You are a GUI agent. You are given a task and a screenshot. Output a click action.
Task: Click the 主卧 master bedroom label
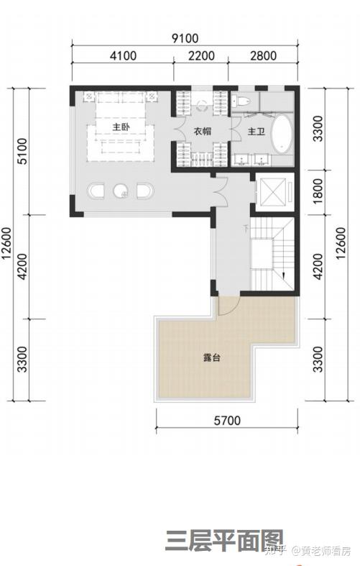[121, 127]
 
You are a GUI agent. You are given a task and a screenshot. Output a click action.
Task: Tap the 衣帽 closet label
[203, 132]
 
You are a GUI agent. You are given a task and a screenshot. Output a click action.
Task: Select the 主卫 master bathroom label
[256, 132]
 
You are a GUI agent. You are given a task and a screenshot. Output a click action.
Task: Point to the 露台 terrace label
[211, 357]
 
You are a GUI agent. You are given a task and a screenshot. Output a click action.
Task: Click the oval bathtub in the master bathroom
[282, 134]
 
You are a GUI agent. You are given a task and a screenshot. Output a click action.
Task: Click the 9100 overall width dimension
[185, 38]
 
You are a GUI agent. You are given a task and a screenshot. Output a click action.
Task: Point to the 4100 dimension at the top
[123, 55]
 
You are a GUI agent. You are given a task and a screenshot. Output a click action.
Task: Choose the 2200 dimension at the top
[201, 55]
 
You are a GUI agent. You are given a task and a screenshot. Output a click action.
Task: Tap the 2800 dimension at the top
[263, 55]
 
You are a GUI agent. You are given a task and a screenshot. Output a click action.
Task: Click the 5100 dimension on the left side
[22, 151]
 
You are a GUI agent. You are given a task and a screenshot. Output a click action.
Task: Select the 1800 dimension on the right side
[318, 191]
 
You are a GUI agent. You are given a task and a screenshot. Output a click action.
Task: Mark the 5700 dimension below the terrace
[227, 421]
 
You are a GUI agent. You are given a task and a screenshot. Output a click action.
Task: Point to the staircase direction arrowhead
[284, 275]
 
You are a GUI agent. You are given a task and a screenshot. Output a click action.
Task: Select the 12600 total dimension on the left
[7, 243]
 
